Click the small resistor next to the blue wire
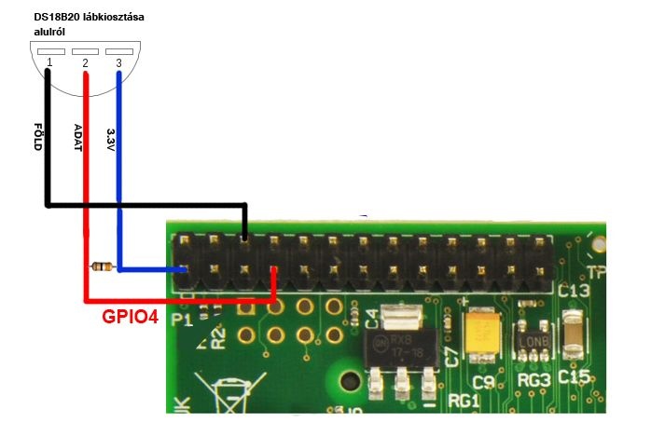click(102, 268)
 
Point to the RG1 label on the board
click(464, 401)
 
